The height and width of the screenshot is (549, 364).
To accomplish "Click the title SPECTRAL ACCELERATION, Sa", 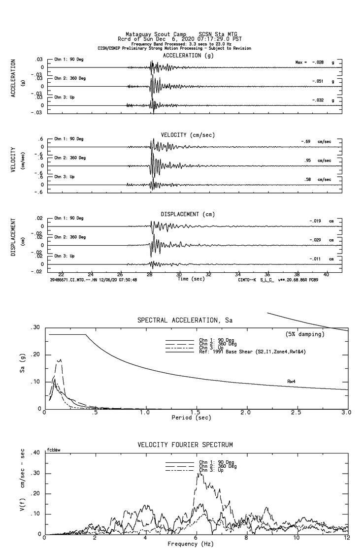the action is pos(185,321).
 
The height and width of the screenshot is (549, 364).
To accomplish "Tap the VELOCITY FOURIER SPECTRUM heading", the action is pos(185,445).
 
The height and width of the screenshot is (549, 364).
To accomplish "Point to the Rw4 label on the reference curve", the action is pos(291,381).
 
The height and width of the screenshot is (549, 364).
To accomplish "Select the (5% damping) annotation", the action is pos(305,334).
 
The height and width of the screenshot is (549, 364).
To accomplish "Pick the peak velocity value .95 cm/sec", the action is pos(317,161).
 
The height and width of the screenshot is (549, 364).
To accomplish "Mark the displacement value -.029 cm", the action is pos(321,240).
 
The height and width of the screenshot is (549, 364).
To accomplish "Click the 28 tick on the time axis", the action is pos(150,275).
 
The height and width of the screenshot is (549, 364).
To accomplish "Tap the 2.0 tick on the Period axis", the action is pos(246,413).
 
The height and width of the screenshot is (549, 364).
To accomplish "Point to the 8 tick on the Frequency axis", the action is pos(246,538).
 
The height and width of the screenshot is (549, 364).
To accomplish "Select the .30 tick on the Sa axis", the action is pos(36,327).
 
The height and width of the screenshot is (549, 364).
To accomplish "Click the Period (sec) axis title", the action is pos(191,418).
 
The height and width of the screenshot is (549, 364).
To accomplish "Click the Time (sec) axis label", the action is pos(191,279).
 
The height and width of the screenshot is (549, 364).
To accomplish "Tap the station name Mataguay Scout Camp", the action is pos(156,34).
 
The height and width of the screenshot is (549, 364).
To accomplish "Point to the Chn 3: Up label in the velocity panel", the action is pos(65,177).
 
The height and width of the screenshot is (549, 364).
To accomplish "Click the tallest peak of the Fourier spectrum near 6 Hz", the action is pos(199,473).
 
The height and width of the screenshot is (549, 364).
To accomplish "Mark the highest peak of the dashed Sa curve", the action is pos(60,359).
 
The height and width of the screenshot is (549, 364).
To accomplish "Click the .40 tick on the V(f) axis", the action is pos(36,452).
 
